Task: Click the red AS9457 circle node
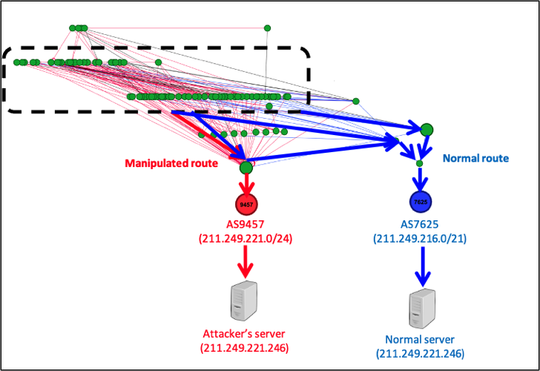[246, 203]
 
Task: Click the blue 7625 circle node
[421, 201]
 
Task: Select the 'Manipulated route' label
[171, 163]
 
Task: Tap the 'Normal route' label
[475, 158]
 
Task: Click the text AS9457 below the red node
[246, 223]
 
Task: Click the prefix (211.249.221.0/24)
[246, 237]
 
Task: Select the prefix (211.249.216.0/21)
[421, 238]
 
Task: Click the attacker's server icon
[244, 301]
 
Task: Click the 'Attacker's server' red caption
[244, 333]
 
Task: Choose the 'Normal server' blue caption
[421, 339]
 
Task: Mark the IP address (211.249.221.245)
[244, 347]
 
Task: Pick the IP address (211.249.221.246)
[421, 353]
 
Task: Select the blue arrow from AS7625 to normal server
[423, 267]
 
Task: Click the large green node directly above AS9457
[246, 168]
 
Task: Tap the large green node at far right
[427, 130]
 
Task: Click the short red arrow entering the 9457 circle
[246, 184]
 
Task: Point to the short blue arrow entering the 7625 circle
[420, 179]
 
